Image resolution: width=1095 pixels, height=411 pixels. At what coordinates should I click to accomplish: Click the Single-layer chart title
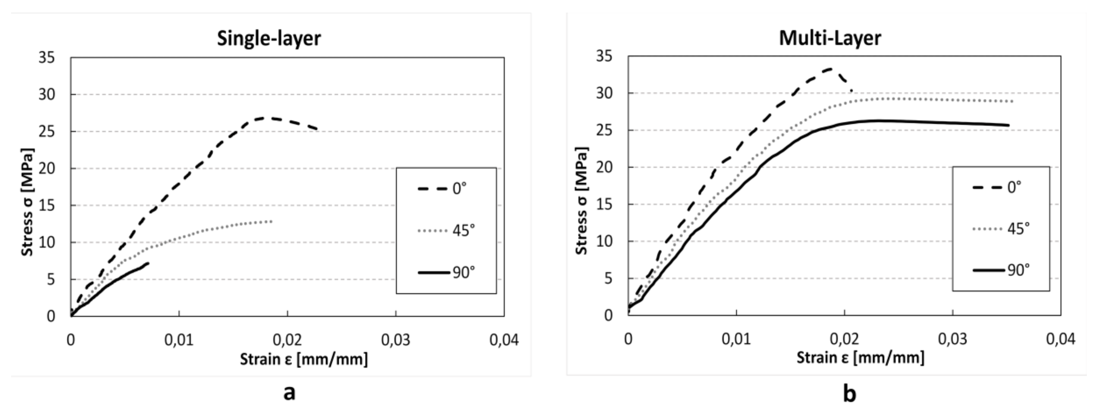point(269,39)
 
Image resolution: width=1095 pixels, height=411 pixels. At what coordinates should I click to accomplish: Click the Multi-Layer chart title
point(830,38)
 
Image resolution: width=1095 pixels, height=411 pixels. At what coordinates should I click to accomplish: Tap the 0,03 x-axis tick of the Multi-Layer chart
point(953,339)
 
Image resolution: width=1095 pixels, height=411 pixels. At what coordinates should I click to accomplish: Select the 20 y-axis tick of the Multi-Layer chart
point(604,167)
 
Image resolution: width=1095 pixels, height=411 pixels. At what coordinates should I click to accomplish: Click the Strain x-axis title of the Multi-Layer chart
point(860,358)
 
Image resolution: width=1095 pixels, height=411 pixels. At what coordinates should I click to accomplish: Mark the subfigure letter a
point(289,392)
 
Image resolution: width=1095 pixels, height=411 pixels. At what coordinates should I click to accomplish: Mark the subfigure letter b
point(849,393)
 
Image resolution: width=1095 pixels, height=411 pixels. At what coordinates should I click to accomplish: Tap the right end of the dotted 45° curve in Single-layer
point(271,221)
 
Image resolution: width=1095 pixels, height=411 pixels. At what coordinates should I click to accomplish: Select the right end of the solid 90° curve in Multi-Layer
point(1008,125)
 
